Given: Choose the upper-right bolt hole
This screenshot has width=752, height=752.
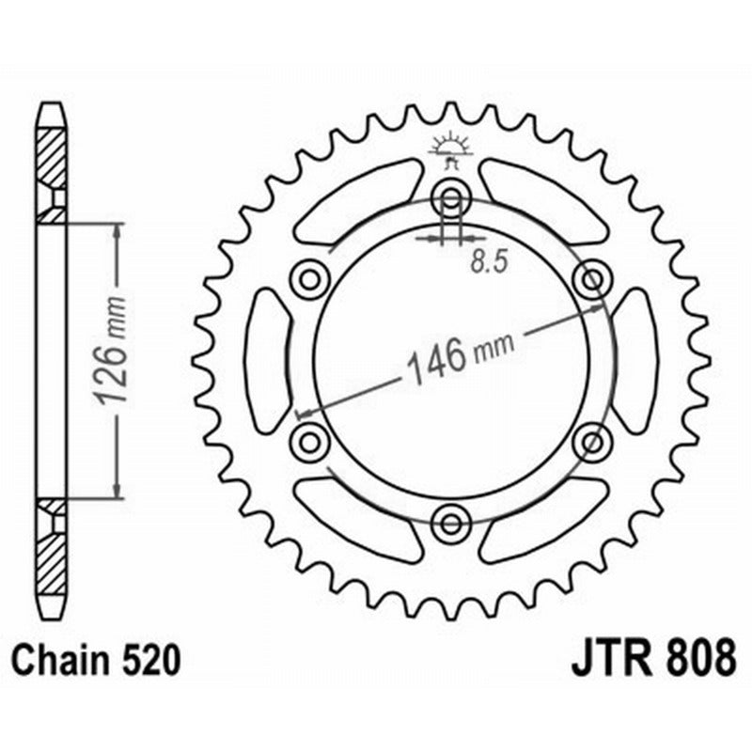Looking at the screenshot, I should [x=592, y=279].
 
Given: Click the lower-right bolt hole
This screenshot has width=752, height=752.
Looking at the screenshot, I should [x=592, y=440].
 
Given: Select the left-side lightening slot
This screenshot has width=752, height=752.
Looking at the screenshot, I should [x=268, y=360].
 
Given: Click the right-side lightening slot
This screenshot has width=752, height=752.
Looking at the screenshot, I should [x=636, y=360].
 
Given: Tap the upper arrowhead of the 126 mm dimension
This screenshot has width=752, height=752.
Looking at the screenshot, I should [x=117, y=231].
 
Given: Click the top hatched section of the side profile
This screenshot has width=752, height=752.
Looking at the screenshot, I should [x=52, y=155].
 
